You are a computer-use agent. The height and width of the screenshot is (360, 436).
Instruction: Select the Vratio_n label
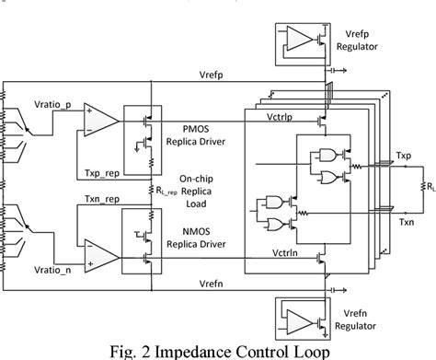point(50,273)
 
